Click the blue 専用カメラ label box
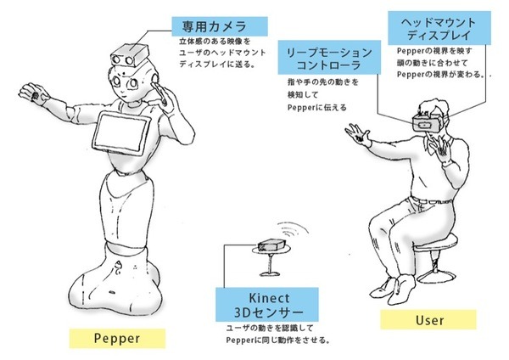point(218,25)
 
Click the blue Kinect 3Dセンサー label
point(269,301)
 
